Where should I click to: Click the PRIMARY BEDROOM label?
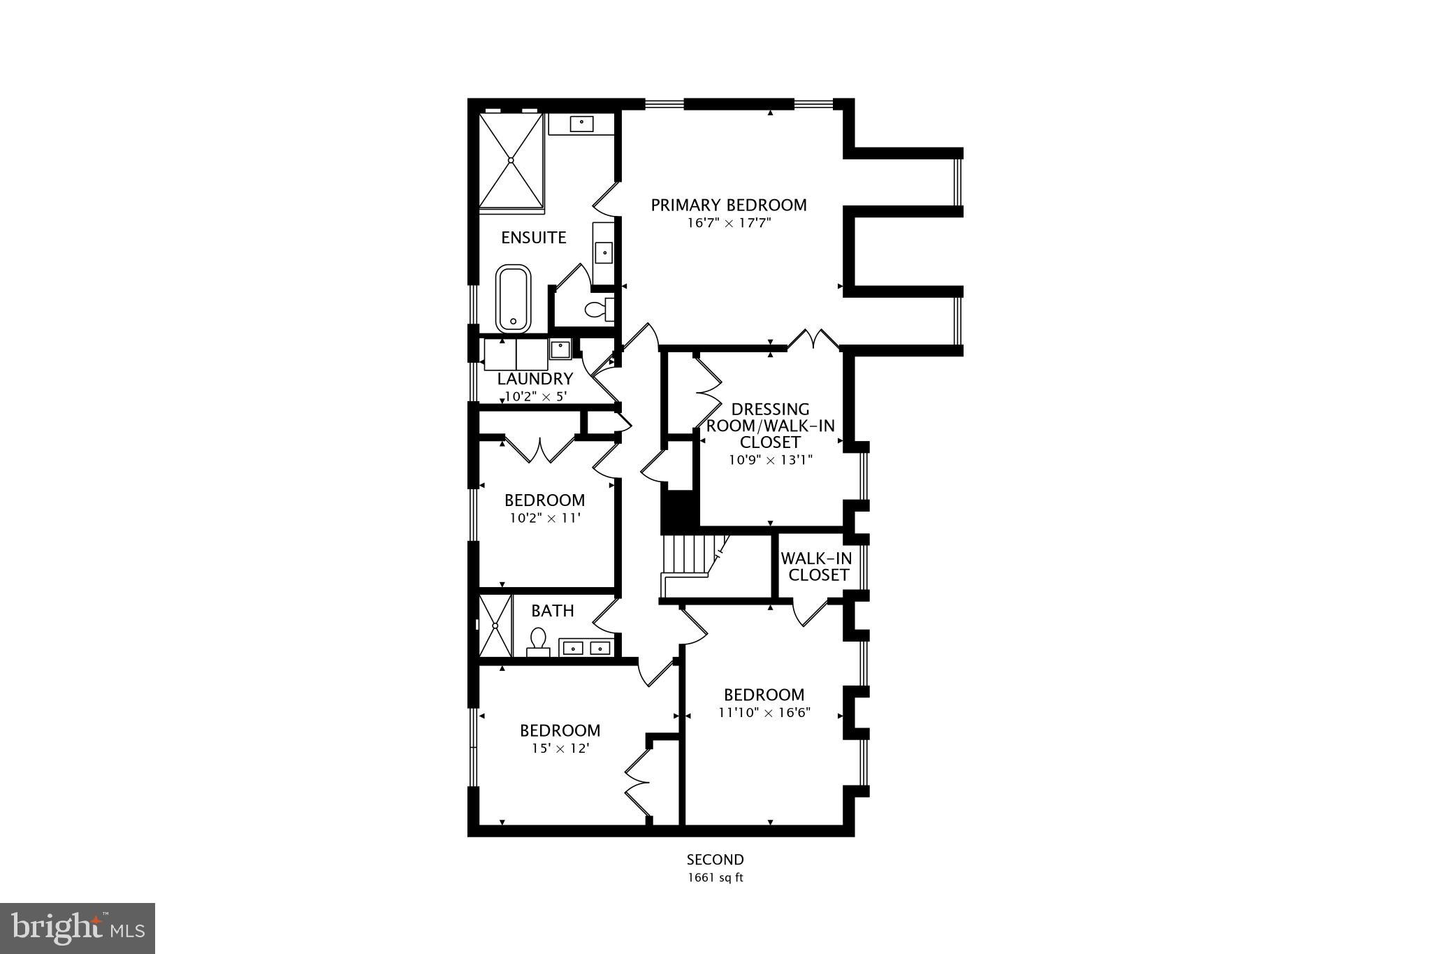coord(728,205)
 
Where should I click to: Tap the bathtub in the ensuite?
coord(514,298)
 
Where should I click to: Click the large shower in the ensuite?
coord(511,160)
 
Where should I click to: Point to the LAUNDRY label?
coord(535,379)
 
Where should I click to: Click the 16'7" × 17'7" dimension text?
coord(729,224)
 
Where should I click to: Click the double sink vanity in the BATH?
coord(586,648)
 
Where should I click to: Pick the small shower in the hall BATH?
coord(495,625)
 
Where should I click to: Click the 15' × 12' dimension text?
coord(560,748)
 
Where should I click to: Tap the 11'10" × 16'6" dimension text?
coord(764,713)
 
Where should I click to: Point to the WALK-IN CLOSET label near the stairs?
coord(815,567)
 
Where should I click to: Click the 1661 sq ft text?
coord(715,878)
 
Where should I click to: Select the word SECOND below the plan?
coord(715,860)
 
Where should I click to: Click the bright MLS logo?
coord(78,928)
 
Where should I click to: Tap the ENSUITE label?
coord(533,238)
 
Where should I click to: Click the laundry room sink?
coord(560,347)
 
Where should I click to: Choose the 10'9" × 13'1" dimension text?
coord(770,460)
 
